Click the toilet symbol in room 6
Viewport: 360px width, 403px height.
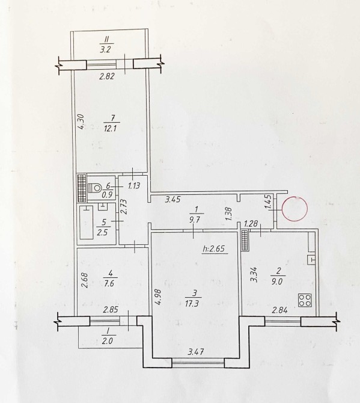tap(94, 188)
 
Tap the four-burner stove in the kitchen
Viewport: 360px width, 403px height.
tap(305, 300)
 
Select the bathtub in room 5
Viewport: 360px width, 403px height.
tap(87, 223)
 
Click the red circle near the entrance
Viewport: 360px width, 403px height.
tap(294, 209)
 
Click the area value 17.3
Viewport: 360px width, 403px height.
tap(192, 304)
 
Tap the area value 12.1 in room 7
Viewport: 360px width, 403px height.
tap(111, 128)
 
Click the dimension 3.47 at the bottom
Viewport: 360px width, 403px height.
tap(196, 351)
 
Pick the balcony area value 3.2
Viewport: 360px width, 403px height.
tap(105, 49)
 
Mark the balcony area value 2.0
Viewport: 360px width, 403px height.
tap(108, 341)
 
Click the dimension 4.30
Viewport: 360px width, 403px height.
tap(81, 122)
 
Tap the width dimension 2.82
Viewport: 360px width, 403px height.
tap(107, 76)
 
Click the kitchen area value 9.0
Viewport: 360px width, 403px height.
tap(276, 281)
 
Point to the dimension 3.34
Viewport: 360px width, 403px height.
tap(254, 275)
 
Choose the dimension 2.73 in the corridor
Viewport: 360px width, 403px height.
tap(124, 207)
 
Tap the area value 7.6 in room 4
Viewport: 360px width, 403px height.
tap(111, 285)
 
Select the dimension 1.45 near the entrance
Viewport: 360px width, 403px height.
tap(269, 202)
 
